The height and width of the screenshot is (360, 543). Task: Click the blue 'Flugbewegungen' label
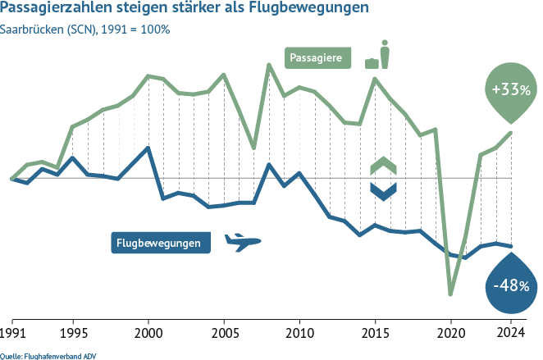[x=160, y=243]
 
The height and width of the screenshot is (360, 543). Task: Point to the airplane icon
[x=241, y=241]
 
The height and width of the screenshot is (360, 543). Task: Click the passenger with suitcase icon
[x=379, y=55]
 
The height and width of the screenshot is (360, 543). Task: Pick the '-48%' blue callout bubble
[x=509, y=285]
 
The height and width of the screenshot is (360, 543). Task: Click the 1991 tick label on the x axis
[x=12, y=333]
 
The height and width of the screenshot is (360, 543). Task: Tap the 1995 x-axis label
[x=73, y=333]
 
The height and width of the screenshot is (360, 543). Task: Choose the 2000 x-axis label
[x=148, y=333]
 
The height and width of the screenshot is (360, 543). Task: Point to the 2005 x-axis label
[x=224, y=333]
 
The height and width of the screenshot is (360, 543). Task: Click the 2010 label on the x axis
[x=299, y=333]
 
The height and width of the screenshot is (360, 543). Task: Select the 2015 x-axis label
[x=375, y=333]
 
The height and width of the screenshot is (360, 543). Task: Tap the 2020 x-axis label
[x=450, y=333]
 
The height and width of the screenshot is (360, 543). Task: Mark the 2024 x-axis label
[x=511, y=333]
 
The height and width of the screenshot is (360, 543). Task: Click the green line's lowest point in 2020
[x=450, y=294]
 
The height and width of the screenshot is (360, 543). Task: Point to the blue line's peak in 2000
[x=148, y=148]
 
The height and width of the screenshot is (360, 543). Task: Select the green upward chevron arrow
[x=383, y=166]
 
